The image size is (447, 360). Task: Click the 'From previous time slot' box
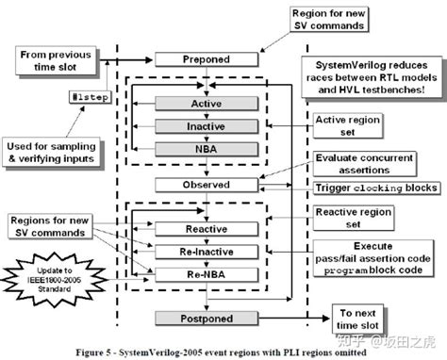57,61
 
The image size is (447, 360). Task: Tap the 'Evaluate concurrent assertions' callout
360,165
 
